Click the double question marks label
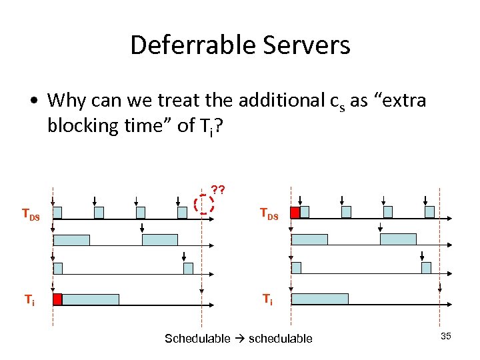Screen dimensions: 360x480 click(x=217, y=189)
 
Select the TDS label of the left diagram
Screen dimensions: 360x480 click(x=31, y=214)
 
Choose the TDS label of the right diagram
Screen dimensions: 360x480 click(x=269, y=214)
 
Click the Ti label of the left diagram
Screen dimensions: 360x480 click(x=30, y=300)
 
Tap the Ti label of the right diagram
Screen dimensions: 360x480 click(x=267, y=300)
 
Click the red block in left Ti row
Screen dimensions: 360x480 click(x=57, y=300)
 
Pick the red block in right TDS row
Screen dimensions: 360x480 click(x=295, y=212)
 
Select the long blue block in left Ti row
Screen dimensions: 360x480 click(x=90, y=300)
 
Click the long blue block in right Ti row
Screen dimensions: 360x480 click(x=320, y=299)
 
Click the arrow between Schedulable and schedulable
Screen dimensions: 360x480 click(x=240, y=339)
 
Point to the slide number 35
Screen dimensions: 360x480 click(x=445, y=336)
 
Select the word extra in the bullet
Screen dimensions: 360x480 click(x=401, y=101)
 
